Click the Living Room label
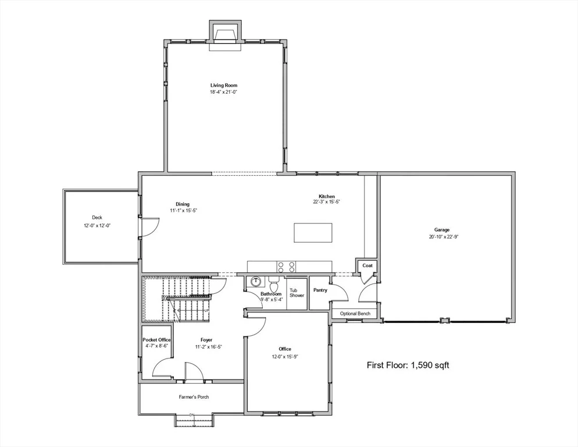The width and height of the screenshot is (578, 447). [224, 85]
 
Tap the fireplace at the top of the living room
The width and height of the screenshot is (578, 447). [226, 36]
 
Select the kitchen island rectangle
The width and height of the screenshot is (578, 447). [313, 233]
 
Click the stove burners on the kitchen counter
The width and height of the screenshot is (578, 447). [287, 267]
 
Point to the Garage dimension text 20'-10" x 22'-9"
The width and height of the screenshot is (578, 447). [444, 237]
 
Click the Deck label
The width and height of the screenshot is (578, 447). [97, 218]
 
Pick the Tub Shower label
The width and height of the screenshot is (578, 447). [297, 293]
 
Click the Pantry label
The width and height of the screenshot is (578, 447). [320, 290]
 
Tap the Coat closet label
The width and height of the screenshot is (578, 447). [368, 265]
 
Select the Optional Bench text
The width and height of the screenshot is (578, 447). [355, 314]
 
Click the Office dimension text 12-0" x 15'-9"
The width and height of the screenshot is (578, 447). [284, 357]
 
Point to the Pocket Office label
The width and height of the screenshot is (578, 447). [156, 339]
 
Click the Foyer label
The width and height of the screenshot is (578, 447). [206, 340]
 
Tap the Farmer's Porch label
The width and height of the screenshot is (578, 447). [194, 397]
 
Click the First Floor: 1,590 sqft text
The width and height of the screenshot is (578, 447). [408, 366]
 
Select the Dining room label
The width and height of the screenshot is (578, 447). [183, 204]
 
